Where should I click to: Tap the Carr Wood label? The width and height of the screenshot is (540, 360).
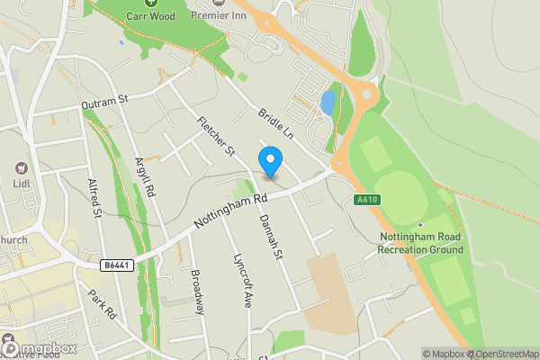(150, 16)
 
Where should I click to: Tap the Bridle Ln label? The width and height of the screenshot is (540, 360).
(275, 122)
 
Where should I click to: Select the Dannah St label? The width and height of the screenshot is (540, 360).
(271, 238)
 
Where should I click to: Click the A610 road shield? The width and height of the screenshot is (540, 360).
(364, 200)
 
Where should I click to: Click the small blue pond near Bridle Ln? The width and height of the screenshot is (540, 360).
(328, 102)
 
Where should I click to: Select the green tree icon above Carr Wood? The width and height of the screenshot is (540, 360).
(150, 3)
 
